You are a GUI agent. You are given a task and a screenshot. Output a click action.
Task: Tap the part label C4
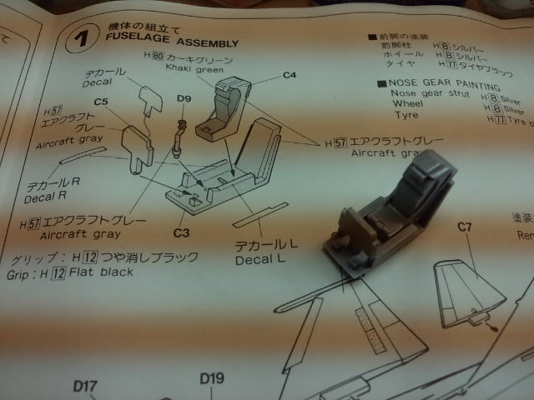290,75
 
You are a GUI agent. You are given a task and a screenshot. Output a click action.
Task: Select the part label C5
103,102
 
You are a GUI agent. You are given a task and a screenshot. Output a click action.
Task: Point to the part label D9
184,101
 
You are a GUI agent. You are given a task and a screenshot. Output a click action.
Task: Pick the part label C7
466,227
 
